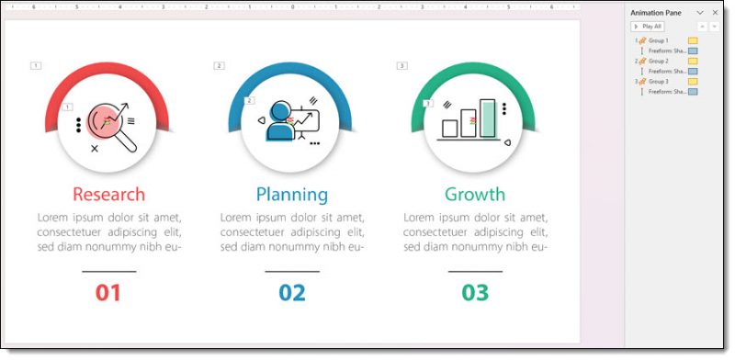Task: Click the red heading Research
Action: tap(108, 195)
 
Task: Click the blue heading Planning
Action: tap(291, 195)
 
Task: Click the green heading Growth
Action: tap(475, 195)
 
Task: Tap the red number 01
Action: tap(108, 293)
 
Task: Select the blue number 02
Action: tap(291, 293)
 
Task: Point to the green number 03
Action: tap(475, 293)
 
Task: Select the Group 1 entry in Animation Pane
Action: tap(658, 40)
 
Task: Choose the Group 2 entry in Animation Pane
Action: tap(658, 61)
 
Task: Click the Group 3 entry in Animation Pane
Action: tap(658, 82)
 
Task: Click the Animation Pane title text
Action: tap(655, 12)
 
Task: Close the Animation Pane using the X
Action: tap(715, 12)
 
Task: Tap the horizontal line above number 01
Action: tap(108, 272)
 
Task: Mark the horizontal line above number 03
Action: tap(475, 272)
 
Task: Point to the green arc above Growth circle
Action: tap(475, 72)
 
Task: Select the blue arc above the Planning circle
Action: tap(291, 72)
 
